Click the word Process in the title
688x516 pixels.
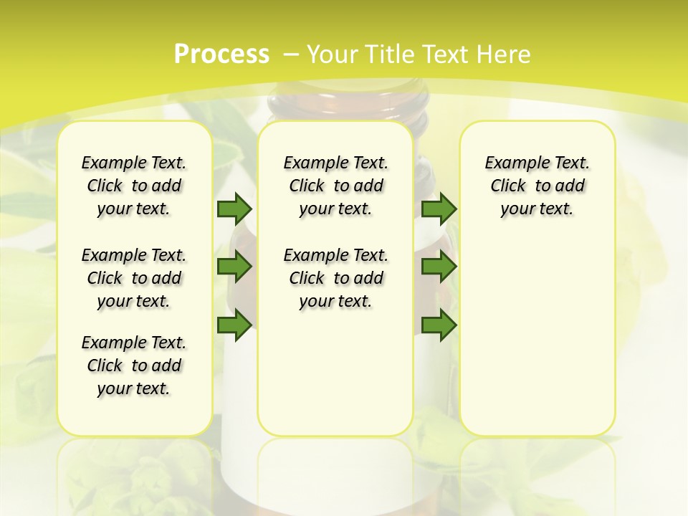[221, 54]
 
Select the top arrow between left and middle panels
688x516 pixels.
[234, 209]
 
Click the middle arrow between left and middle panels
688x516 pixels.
[234, 267]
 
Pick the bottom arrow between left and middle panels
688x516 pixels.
[234, 325]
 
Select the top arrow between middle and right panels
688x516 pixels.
[439, 209]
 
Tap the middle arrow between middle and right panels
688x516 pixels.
[439, 267]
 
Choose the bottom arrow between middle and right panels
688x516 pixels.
[439, 325]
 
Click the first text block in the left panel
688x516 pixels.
[134, 186]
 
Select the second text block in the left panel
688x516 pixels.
[134, 278]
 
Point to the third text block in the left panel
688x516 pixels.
[134, 365]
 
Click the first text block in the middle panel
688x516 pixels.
[335, 186]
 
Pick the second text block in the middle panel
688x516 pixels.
[335, 278]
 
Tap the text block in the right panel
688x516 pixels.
[537, 186]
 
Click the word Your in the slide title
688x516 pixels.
[332, 54]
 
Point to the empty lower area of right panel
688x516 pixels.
[537, 344]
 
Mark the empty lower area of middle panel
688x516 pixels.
[335, 373]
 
